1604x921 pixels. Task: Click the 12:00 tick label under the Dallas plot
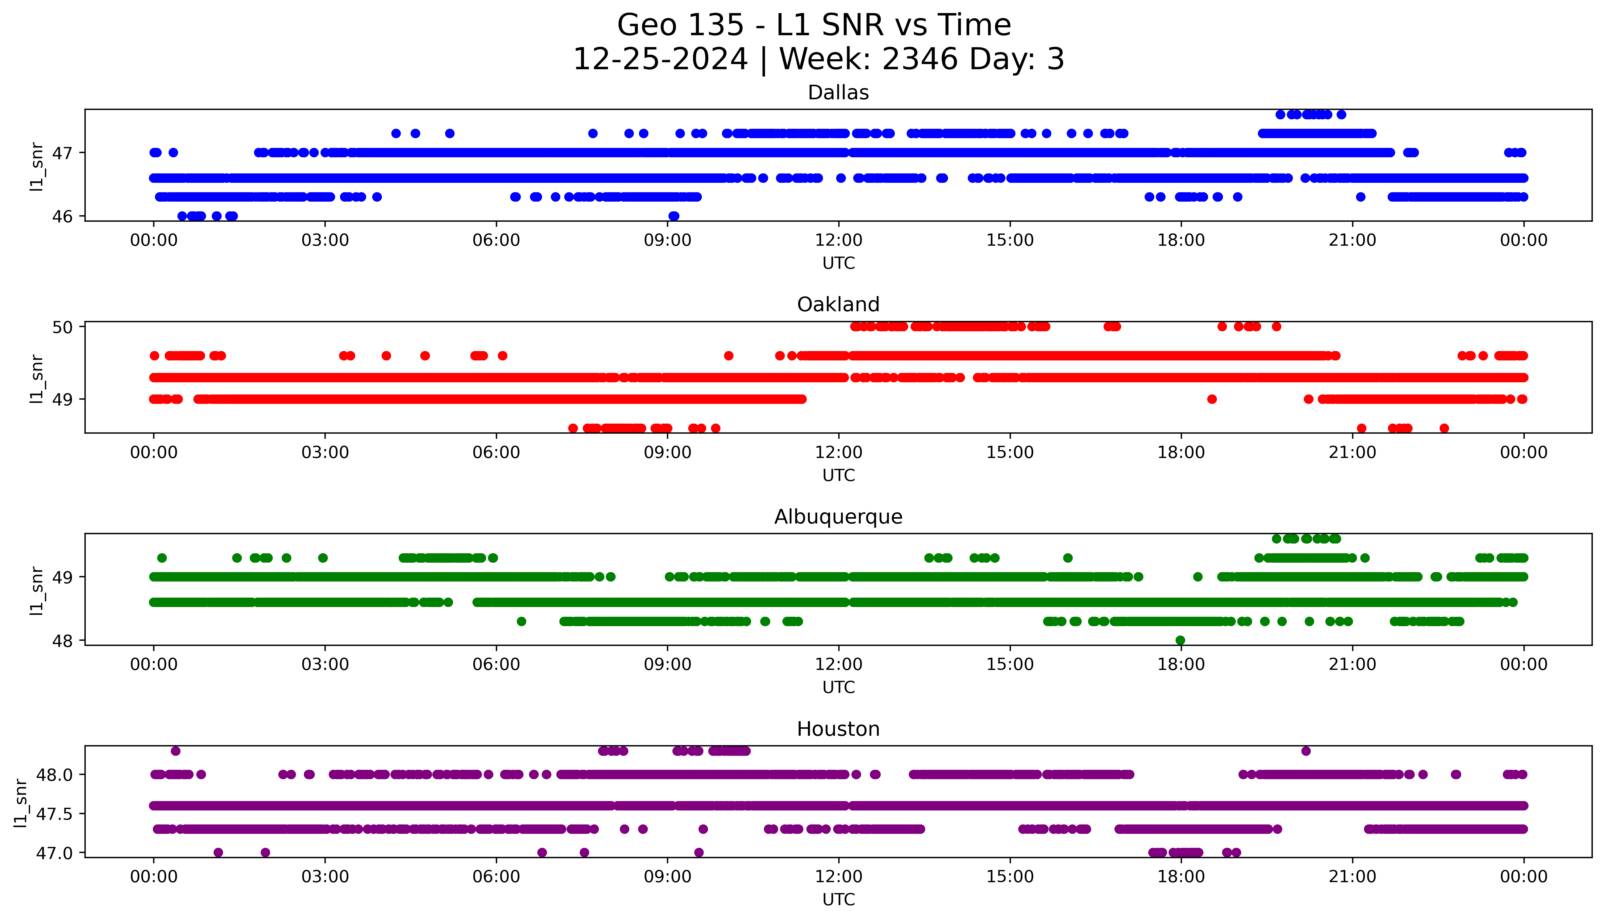pyautogui.click(x=838, y=240)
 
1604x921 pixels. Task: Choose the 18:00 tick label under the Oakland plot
pyautogui.click(x=1181, y=452)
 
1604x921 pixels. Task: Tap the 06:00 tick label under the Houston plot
pyautogui.click(x=496, y=877)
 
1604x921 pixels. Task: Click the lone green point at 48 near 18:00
pyautogui.click(x=1180, y=640)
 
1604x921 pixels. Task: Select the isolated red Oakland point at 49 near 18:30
pyautogui.click(x=1212, y=399)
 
